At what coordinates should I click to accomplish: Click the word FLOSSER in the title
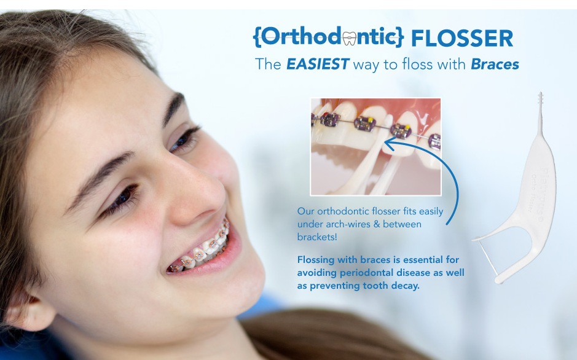[x=462, y=38]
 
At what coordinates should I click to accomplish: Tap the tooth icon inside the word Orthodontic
[x=349, y=39]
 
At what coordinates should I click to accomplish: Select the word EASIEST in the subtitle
[x=317, y=65]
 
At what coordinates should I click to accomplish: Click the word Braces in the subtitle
[x=495, y=65]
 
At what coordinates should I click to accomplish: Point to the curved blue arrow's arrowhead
[x=390, y=144]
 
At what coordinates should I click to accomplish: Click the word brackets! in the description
[x=317, y=237]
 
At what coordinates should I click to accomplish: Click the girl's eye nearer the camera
[x=122, y=198]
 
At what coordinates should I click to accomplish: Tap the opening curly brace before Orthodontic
[x=256, y=37]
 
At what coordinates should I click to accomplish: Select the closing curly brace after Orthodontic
[x=401, y=37]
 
